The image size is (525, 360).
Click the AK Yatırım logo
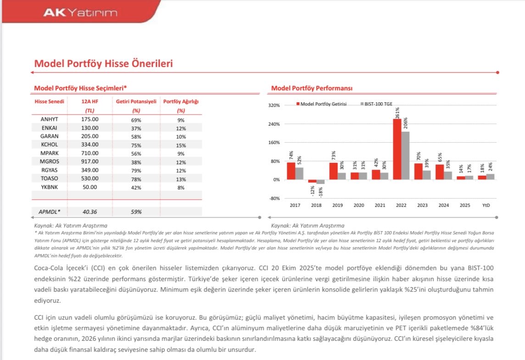(x=80, y=13)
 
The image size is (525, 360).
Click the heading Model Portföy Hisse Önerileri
(x=103, y=64)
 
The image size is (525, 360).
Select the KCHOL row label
(x=49, y=144)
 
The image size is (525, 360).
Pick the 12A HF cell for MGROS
(x=90, y=161)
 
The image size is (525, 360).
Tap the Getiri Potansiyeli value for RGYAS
(x=136, y=171)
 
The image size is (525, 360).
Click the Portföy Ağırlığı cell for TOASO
(x=181, y=179)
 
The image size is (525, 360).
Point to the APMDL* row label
(x=49, y=212)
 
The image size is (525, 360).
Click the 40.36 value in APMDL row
(x=90, y=212)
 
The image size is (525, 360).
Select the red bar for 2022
(x=397, y=149)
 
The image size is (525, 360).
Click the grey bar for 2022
(x=405, y=155)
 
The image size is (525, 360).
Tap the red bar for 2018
(x=313, y=181)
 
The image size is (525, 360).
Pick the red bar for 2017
(x=291, y=171)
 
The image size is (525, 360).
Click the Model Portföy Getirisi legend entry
(x=321, y=104)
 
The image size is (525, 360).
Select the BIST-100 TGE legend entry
(x=376, y=104)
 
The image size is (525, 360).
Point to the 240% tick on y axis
(x=274, y=124)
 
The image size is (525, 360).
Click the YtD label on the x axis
(x=486, y=205)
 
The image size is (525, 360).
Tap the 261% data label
(x=397, y=113)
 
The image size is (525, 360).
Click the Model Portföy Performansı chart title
(x=312, y=89)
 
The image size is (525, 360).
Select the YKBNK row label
(x=49, y=187)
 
